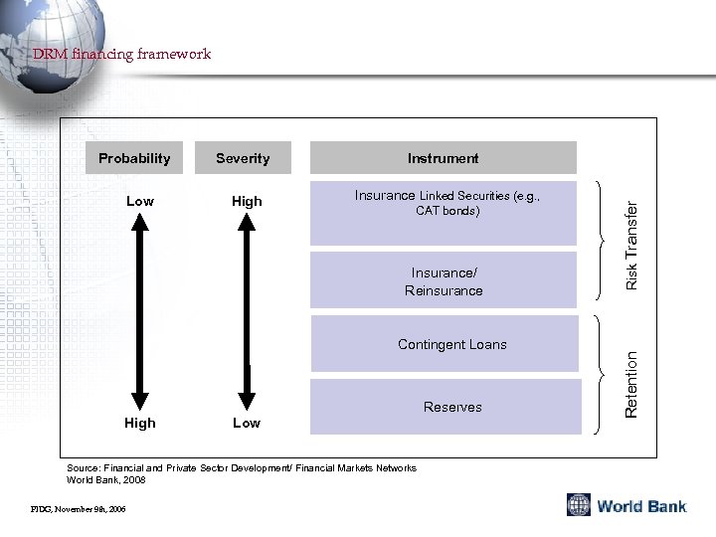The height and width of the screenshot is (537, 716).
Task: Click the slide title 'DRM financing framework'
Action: click(121, 54)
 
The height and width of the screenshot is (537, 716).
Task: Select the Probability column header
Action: click(134, 158)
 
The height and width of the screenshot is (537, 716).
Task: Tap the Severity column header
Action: click(243, 158)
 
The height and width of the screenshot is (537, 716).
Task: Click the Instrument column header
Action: click(443, 158)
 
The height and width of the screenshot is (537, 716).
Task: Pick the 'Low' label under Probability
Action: click(140, 201)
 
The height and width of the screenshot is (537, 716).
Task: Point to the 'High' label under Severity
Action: click(247, 201)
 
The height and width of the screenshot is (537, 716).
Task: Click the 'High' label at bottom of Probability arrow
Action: click(140, 423)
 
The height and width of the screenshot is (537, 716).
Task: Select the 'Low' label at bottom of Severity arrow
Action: click(247, 423)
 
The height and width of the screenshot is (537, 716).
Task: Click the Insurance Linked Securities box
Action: click(444, 212)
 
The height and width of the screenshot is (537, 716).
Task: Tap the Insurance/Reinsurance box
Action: click(444, 281)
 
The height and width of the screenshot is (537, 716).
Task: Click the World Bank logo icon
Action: click(579, 505)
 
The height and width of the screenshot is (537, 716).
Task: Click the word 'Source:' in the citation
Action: click(81, 467)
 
